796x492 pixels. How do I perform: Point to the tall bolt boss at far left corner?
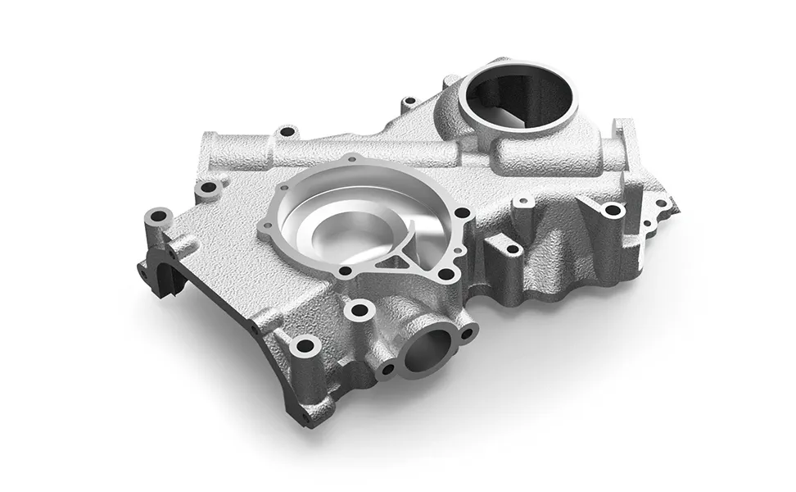click(158, 218)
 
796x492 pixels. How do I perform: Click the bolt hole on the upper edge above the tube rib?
click(286, 131)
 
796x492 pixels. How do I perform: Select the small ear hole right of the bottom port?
click(467, 332)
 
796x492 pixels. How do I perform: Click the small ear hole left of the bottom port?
click(387, 369)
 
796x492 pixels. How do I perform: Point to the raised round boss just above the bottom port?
click(358, 310)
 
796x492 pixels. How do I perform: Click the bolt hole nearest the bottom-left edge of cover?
click(305, 345)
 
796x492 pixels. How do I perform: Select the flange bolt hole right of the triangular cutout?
click(446, 275)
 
